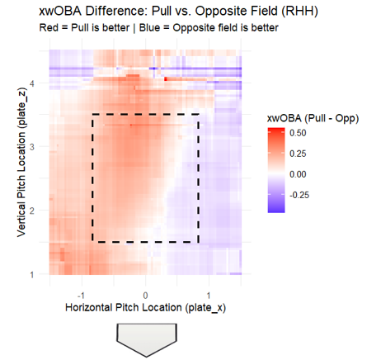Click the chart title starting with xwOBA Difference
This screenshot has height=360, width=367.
pyautogui.click(x=179, y=12)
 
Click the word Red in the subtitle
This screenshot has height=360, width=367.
pyautogui.click(x=49, y=28)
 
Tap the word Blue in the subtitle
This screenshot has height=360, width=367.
pyautogui.click(x=149, y=28)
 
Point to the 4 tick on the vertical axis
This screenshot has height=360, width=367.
pyautogui.click(x=32, y=83)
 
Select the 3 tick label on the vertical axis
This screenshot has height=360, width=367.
pyautogui.click(x=32, y=147)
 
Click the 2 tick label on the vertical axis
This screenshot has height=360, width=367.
pyautogui.click(x=32, y=211)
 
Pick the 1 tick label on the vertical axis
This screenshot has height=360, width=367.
pyautogui.click(x=32, y=274)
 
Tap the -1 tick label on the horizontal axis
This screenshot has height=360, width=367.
pyautogui.click(x=81, y=296)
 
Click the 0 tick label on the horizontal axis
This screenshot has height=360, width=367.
pyautogui.click(x=145, y=296)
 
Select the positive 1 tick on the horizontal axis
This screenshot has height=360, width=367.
pyautogui.click(x=209, y=296)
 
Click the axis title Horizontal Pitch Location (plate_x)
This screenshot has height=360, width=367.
pyautogui.click(x=145, y=307)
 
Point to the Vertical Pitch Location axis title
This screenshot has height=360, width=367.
pyautogui.click(x=21, y=163)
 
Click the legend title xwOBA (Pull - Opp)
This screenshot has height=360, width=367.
pyautogui.click(x=313, y=118)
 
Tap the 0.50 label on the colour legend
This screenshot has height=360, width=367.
pyautogui.click(x=298, y=133)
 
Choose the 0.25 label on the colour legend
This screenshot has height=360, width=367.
pyautogui.click(x=298, y=154)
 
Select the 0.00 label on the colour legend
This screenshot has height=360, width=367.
pyautogui.click(x=298, y=174)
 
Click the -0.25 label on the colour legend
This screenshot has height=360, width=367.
pyautogui.click(x=299, y=195)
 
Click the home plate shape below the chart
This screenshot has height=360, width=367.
pyautogui.click(x=147, y=340)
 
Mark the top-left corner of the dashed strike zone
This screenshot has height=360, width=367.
pyautogui.click(x=92, y=114)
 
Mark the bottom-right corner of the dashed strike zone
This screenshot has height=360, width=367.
pyautogui.click(x=198, y=242)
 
